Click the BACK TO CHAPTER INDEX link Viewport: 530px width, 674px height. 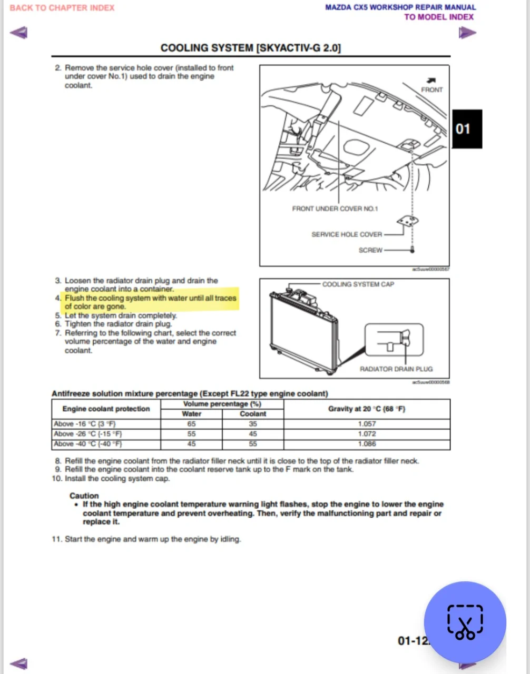click(62, 8)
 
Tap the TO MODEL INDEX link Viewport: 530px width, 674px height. click(438, 17)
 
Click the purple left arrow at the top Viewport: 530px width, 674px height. click(19, 33)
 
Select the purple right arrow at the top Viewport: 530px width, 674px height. click(467, 33)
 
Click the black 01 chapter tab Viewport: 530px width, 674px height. click(467, 129)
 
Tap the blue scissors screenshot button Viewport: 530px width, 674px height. click(465, 622)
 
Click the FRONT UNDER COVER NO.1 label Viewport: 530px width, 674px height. click(335, 209)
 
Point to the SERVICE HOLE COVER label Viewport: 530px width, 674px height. click(347, 234)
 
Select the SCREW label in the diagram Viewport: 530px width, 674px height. click(370, 250)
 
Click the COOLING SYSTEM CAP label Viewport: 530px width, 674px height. click(358, 284)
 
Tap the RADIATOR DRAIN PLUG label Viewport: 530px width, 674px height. click(396, 369)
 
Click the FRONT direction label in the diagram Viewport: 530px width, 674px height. click(432, 90)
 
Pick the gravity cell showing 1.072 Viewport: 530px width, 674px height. click(367, 434)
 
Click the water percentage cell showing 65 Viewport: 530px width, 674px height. click(191, 424)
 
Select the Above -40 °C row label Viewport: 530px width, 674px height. click(88, 444)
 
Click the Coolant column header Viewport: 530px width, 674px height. click(253, 414)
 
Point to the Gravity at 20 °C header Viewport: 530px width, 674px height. click(367, 409)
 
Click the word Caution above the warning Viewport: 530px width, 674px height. click(84, 495)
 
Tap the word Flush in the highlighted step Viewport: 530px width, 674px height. click(74, 298)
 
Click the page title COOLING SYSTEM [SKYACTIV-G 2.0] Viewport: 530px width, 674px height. click(251, 48)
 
